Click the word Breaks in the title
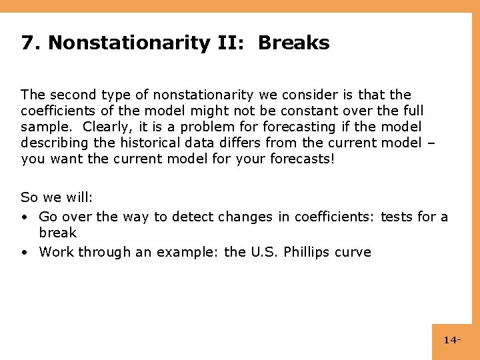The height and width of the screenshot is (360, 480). tap(293, 43)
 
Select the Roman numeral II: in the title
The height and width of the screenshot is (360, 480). tap(233, 43)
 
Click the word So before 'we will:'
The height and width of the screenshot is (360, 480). tap(29, 197)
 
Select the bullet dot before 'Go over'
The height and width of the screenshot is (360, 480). tap(24, 216)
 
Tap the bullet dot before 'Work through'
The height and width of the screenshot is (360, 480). tap(24, 252)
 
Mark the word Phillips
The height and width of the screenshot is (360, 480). tap(308, 252)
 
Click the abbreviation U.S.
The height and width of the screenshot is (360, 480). tap(265, 252)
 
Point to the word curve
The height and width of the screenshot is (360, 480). tap(354, 252)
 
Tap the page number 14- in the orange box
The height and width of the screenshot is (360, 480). tap(452, 341)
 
